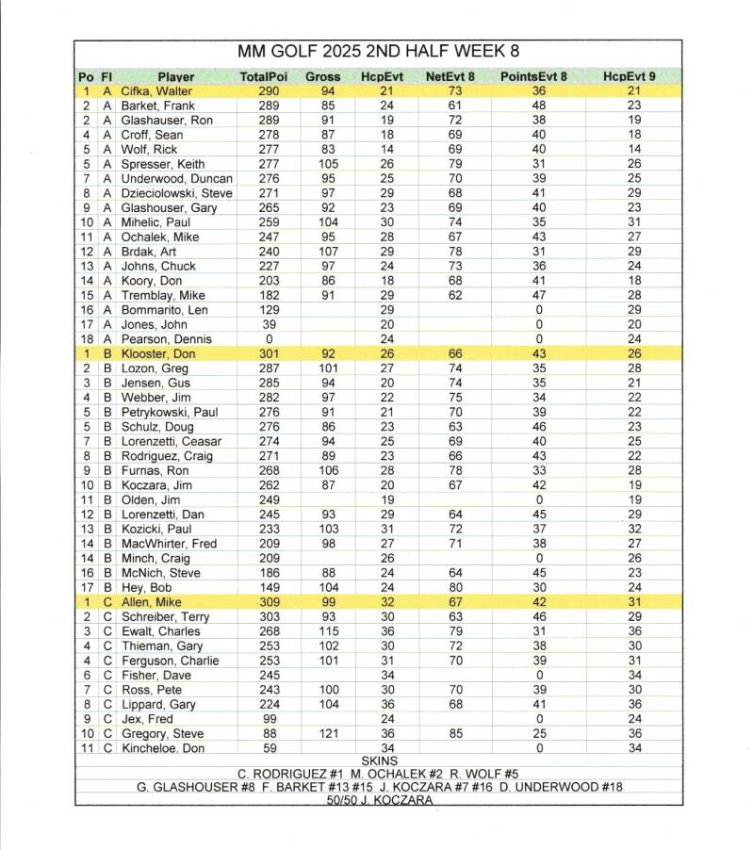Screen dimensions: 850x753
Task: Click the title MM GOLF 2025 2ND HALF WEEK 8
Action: [378, 51]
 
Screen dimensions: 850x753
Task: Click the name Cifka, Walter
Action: [156, 91]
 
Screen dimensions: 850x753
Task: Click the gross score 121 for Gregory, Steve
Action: [323, 733]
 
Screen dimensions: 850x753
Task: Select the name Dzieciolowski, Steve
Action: [177, 193]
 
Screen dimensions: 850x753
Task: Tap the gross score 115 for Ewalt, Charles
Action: [323, 631]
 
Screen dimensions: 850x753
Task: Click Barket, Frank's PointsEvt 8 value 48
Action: [539, 106]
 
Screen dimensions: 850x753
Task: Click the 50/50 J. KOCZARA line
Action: [379, 799]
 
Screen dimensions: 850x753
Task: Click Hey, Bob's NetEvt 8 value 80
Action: [456, 587]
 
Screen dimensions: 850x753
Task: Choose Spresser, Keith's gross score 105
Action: [323, 164]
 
